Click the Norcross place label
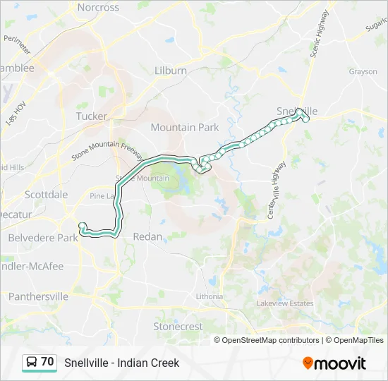point(98,8)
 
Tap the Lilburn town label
point(171,71)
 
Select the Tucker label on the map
point(92,116)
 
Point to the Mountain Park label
point(185,128)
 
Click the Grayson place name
point(363,71)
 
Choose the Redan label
point(147,236)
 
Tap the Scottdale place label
point(46,195)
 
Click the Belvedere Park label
point(43,238)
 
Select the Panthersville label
point(38,296)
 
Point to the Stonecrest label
point(178,327)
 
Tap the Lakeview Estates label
point(285,303)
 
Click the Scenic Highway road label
point(320,34)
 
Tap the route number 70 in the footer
point(47,362)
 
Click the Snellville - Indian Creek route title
point(122,363)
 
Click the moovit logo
point(334,363)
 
